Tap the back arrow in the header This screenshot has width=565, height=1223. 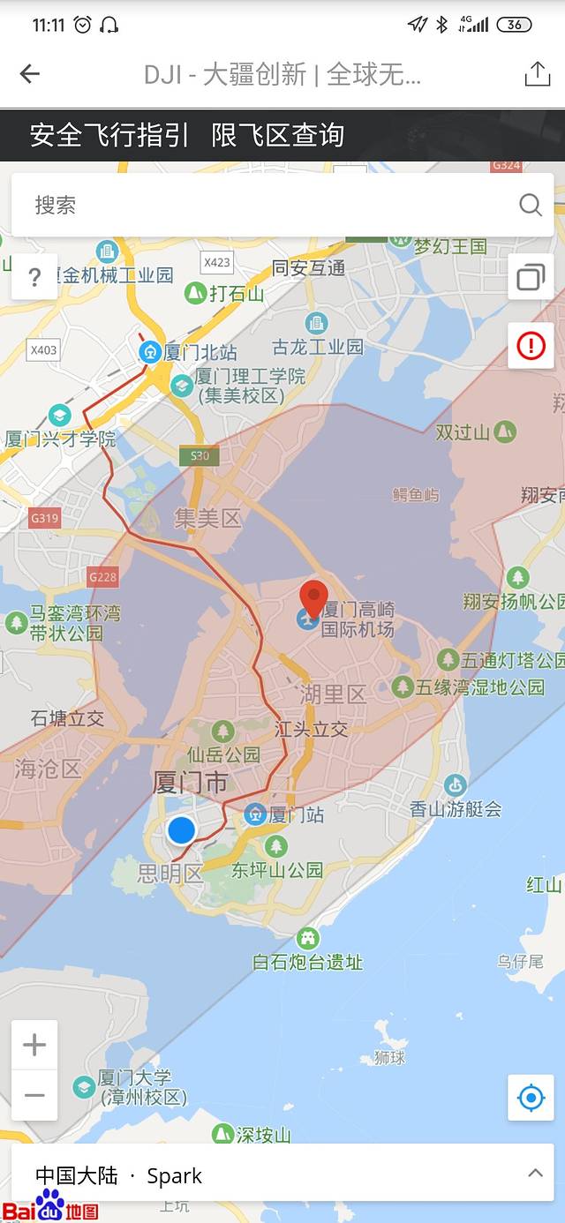click(x=30, y=74)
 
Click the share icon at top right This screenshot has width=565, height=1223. click(x=537, y=74)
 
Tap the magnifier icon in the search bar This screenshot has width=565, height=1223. click(x=530, y=206)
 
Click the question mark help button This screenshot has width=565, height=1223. click(x=34, y=277)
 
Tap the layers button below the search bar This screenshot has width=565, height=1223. click(x=531, y=277)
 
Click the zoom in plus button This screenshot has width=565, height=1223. click(x=34, y=1046)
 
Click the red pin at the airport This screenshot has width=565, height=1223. click(x=313, y=600)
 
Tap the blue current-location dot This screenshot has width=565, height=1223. click(x=181, y=830)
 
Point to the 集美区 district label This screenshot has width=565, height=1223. click(x=207, y=518)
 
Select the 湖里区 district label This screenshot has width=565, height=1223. click(x=332, y=694)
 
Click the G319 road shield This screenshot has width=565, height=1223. click(x=44, y=518)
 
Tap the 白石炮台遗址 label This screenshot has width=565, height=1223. click(x=307, y=962)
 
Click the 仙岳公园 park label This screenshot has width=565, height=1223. click(x=223, y=754)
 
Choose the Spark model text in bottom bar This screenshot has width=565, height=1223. click(x=174, y=1176)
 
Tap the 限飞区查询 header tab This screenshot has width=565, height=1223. click(x=278, y=135)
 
